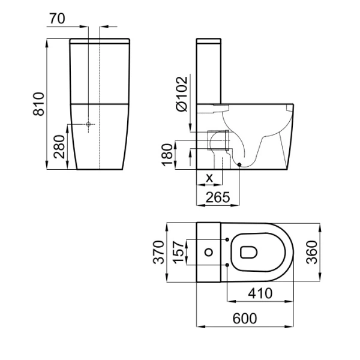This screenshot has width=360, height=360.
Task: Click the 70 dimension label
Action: click(57, 19)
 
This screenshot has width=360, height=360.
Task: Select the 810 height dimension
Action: click(38, 104)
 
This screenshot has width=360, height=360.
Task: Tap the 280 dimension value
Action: click(59, 147)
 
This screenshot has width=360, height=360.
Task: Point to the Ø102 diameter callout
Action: click(182, 94)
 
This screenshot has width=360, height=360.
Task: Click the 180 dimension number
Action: click(167, 155)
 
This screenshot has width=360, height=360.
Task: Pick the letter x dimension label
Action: click(209, 178)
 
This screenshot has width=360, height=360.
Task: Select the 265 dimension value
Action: click(218, 197)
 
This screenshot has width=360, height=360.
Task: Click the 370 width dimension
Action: click(158, 252)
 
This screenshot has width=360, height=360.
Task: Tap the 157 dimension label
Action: click(178, 252)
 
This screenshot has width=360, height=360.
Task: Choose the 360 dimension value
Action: click(312, 252)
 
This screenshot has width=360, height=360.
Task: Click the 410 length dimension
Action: click(260, 293)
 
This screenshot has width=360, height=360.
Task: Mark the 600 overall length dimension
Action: click(245, 319)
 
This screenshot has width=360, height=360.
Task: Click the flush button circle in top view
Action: click(209, 253)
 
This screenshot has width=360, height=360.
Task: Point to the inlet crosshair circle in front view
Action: click(88, 124)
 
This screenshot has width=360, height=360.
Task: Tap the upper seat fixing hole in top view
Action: click(227, 239)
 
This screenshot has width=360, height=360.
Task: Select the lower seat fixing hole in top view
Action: click(227, 265)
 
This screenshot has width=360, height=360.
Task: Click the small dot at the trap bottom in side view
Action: click(239, 164)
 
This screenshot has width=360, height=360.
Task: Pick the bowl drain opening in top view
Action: click(248, 253)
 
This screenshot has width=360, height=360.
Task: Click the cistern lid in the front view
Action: click(100, 41)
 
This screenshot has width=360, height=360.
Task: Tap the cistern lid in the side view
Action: click(209, 41)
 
